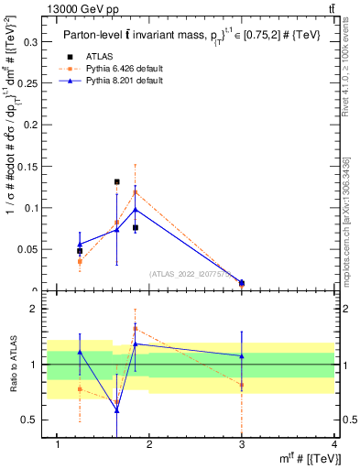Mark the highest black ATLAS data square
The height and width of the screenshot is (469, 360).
pyautogui.click(x=117, y=182)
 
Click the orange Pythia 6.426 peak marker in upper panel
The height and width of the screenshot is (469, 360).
pyautogui.click(x=136, y=192)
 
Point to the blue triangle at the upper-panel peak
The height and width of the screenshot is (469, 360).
pyautogui.click(x=136, y=210)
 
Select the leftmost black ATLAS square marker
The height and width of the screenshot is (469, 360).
pyautogui.click(x=80, y=251)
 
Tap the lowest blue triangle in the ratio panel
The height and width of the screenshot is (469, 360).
pyautogui.click(x=117, y=410)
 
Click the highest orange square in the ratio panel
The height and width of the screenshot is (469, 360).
pyautogui.click(x=136, y=328)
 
